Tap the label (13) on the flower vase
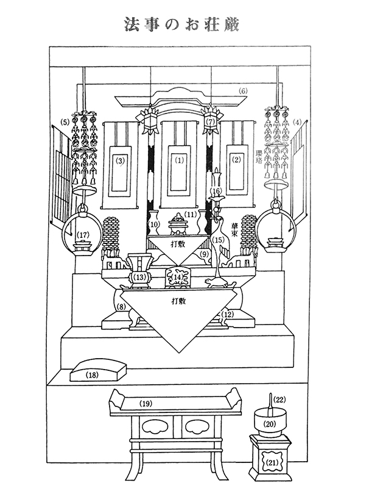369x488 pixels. (x=141, y=278)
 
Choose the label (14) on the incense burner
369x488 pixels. (x=178, y=278)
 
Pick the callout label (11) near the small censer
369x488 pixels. (x=191, y=214)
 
